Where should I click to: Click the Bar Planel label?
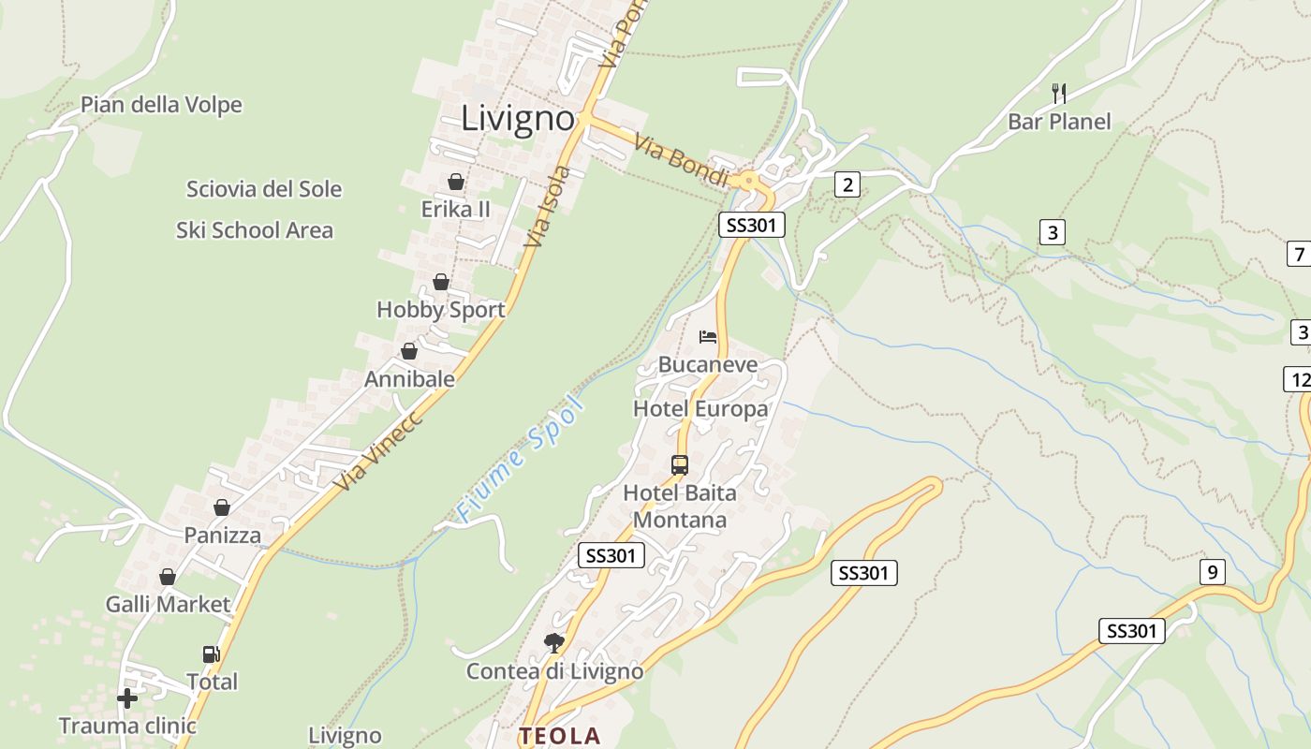1059,122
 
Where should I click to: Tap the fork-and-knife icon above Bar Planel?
1059,93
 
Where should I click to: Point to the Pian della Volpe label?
161,105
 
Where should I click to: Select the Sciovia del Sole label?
264,189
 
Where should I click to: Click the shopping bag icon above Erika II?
456,181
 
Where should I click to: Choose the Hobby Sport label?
441,310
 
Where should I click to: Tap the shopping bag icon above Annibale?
409,351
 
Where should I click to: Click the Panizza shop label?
223,536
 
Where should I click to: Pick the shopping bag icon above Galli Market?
168,577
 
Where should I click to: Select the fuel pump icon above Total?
211,654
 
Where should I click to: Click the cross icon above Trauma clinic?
126,698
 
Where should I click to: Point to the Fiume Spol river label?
521,460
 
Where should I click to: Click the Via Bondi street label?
681,161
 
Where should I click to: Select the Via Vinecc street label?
380,450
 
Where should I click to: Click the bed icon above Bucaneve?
708,337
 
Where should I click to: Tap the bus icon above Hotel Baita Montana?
680,464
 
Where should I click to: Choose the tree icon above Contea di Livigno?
554,642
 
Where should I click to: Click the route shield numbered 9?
1212,571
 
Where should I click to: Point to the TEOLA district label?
560,737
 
